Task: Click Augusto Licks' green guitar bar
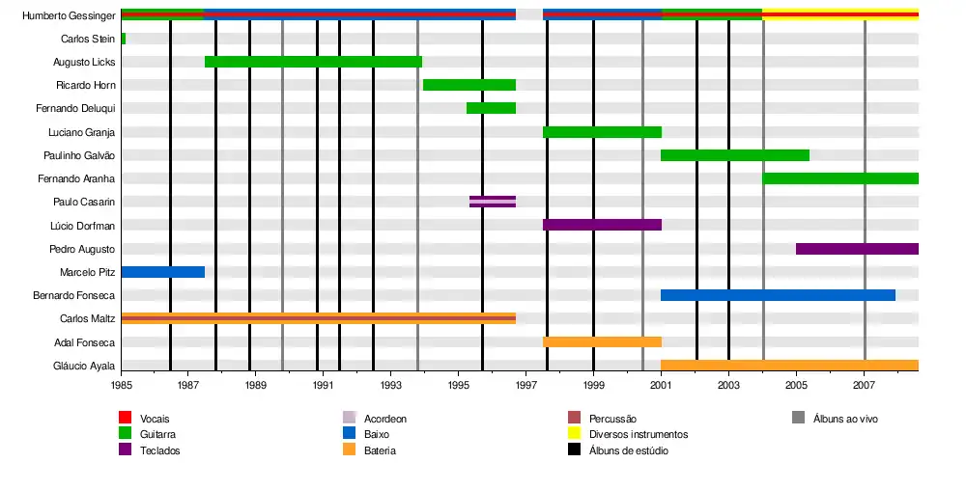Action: tap(313, 62)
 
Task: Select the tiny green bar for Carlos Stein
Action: tap(124, 39)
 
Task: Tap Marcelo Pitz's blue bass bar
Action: tap(162, 272)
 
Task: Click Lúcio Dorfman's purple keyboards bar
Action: tap(602, 225)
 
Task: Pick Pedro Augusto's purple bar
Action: tap(857, 249)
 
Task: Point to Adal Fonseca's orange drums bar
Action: tap(602, 341)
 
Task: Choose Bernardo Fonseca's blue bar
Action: tap(778, 295)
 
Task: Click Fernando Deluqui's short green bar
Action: tap(491, 108)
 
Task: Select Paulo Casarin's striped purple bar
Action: tap(493, 202)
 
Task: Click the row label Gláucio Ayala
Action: tap(84, 366)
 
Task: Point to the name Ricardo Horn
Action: tap(86, 85)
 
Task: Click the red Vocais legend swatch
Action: tap(125, 418)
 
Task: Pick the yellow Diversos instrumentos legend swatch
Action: tap(574, 434)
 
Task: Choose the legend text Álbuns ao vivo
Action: tap(845, 419)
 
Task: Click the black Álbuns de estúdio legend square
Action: tap(574, 450)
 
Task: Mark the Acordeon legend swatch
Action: tap(349, 418)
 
